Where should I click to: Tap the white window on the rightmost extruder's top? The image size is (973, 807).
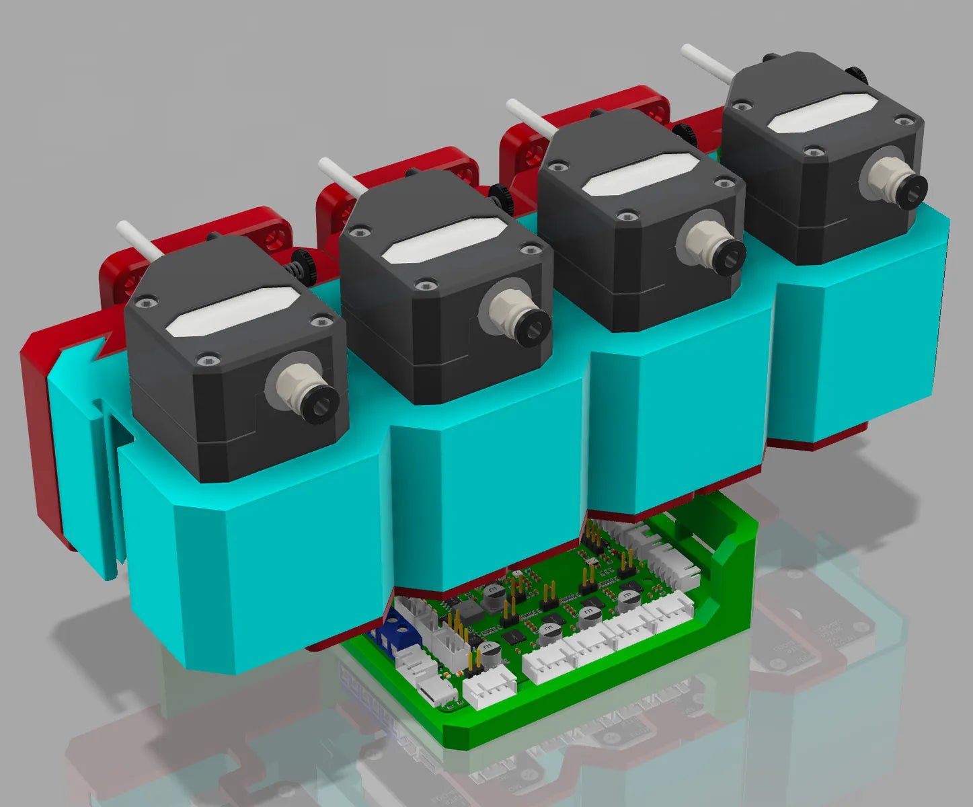click(x=822, y=112)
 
